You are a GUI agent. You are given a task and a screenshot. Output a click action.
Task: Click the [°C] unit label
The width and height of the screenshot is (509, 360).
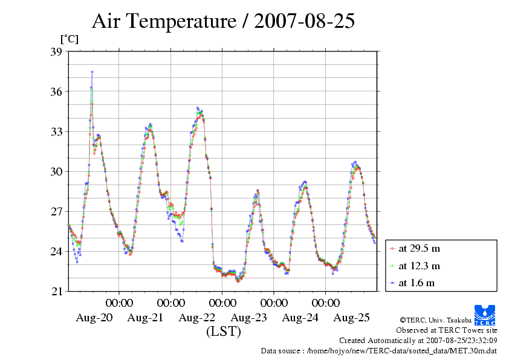pyautogui.click(x=69, y=39)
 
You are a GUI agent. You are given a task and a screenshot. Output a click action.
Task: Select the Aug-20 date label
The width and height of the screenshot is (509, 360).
pyautogui.click(x=94, y=318)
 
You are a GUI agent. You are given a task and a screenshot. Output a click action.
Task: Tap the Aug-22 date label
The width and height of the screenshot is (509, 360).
pyautogui.click(x=197, y=318)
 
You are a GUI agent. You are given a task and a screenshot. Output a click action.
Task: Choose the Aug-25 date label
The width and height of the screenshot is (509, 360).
pyautogui.click(x=352, y=318)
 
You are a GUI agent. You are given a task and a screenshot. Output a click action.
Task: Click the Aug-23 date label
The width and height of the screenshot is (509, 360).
pyautogui.click(x=249, y=318)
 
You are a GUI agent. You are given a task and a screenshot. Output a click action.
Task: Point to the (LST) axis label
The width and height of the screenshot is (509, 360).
pyautogui.click(x=223, y=332)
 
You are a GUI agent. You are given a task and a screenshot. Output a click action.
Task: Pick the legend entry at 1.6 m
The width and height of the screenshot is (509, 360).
pyautogui.click(x=417, y=283)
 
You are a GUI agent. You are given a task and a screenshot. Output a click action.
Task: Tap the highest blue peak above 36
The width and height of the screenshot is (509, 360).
pyautogui.click(x=92, y=71)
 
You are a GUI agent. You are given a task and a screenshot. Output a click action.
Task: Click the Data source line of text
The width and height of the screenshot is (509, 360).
pyautogui.click(x=378, y=350)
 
